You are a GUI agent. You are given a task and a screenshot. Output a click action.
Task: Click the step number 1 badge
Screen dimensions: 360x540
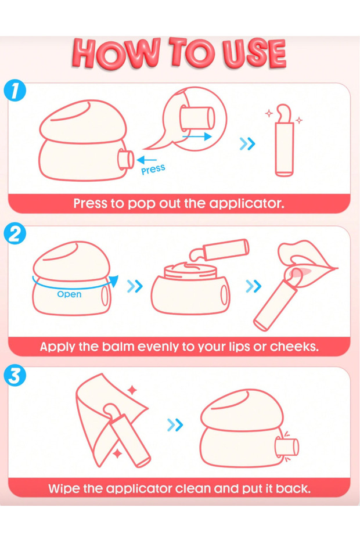(15, 91)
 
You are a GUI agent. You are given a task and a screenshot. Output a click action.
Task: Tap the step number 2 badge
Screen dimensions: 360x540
(15, 233)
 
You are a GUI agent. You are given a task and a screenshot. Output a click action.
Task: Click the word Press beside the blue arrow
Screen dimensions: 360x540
(153, 169)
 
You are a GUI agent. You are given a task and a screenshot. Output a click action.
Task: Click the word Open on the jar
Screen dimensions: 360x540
(69, 294)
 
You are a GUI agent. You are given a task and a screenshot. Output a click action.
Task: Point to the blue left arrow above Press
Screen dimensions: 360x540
(146, 160)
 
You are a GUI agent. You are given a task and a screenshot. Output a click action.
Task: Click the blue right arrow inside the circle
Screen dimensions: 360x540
(197, 136)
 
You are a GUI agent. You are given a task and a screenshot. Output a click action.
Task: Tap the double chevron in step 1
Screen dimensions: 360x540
(247, 144)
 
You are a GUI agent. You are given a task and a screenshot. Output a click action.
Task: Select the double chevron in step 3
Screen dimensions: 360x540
(175, 425)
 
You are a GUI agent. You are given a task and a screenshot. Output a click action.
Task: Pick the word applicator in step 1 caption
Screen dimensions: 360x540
(247, 204)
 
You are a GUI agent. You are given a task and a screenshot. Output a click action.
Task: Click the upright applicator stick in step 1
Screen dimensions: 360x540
(285, 141)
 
